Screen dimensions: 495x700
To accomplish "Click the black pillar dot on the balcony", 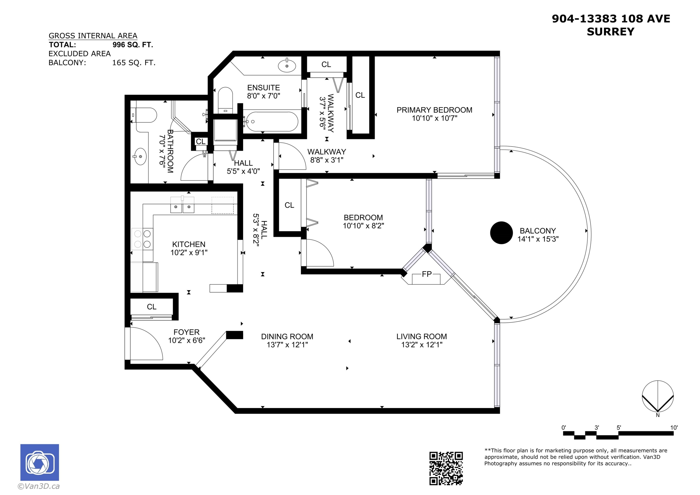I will tap(501, 233).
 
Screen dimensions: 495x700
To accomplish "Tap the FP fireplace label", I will tap(427, 274).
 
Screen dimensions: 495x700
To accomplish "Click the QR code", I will tap(446, 468).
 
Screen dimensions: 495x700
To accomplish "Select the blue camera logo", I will tap(40, 462).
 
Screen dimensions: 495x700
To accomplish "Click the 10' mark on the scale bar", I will tap(674, 428).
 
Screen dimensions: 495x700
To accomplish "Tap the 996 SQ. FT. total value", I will tap(133, 45).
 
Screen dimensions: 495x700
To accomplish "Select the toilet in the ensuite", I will tap(225, 100).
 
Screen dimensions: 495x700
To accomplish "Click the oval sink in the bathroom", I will tap(140, 156).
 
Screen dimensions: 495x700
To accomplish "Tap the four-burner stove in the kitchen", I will tap(142, 239).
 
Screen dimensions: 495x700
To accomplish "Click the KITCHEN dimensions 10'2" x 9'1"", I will tap(189, 253).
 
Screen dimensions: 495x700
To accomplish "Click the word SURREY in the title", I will tap(610, 32).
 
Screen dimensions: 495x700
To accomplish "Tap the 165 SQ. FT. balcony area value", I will tap(133, 63).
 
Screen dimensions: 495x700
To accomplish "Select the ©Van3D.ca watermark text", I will tap(39, 486).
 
